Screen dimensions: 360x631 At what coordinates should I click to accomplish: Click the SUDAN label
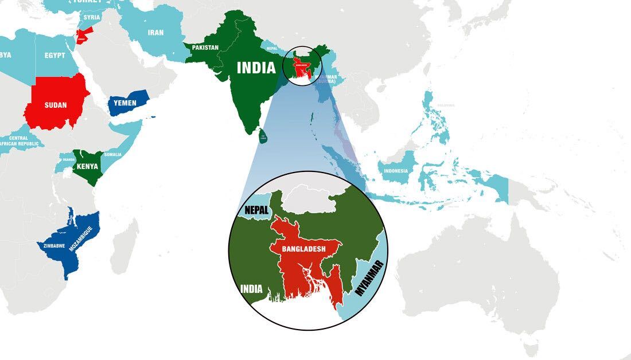point(56,105)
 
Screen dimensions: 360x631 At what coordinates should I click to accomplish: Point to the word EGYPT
point(54,56)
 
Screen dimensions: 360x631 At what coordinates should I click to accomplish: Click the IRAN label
point(155,33)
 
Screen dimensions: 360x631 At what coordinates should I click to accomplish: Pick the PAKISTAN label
point(205,48)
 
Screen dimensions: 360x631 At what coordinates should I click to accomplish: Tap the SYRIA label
point(92,17)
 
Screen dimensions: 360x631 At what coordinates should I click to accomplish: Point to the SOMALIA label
point(113,155)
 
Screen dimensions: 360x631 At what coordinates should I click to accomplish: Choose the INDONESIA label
point(396,171)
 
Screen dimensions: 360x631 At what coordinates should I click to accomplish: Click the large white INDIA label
point(256,68)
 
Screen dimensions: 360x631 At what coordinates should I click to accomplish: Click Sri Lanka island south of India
point(263,136)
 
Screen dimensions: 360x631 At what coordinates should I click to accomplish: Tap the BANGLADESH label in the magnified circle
point(303,249)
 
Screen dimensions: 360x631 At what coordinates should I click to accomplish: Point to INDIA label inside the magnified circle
point(252,289)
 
